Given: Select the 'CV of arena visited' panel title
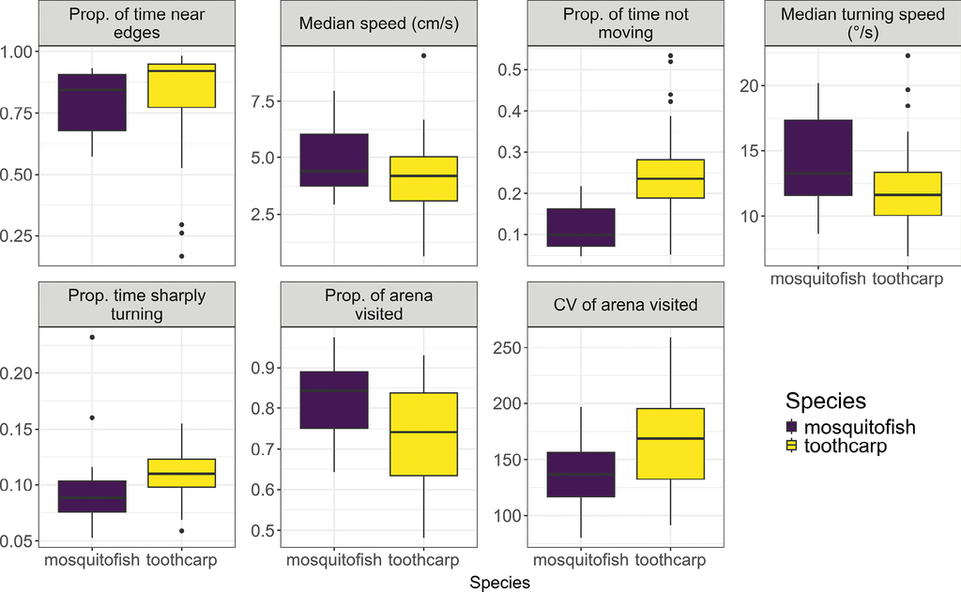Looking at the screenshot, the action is point(626,304).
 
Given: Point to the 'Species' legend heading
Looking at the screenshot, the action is point(826,402).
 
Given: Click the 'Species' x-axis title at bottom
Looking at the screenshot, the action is point(501,583).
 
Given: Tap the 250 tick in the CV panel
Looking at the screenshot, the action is point(507,348).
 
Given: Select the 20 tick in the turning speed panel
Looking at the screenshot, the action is point(749,85).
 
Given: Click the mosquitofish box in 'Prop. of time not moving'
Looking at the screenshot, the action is point(581,227).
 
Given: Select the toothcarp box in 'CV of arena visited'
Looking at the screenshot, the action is point(670,444).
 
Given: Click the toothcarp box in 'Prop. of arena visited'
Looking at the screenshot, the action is point(423,434).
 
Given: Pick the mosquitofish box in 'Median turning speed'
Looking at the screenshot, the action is point(818,158).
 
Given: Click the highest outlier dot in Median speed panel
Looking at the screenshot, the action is point(423,55).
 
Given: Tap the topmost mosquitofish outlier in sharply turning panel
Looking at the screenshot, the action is point(92,337).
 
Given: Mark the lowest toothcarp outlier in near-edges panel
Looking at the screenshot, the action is point(182,256).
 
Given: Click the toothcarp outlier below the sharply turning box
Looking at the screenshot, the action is point(182,531).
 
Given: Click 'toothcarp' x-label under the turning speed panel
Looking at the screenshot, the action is point(908,279).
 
